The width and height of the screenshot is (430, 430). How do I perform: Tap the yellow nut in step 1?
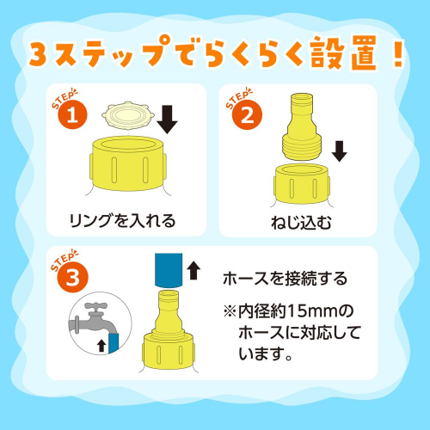click(x=126, y=163)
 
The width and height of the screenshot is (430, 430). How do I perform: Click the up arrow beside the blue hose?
click(x=193, y=272)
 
